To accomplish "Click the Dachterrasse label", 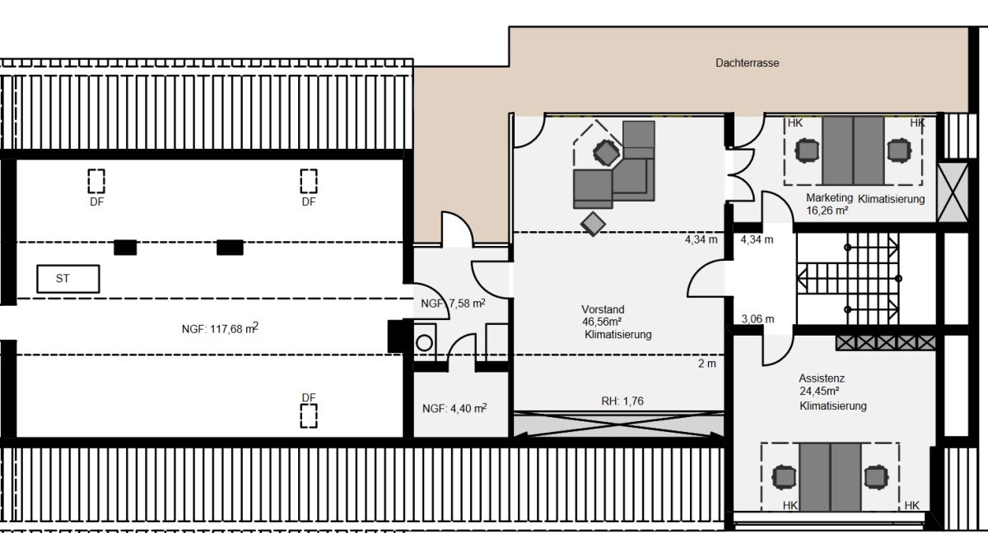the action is click(x=748, y=63).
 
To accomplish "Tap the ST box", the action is click(x=68, y=279).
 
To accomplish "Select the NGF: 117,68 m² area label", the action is click(x=220, y=328).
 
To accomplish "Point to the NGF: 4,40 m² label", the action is click(x=454, y=408).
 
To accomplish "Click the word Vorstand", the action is click(x=603, y=309).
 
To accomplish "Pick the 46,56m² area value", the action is click(x=602, y=322).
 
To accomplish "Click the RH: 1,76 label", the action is click(x=622, y=401).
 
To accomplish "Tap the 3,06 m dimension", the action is click(x=757, y=319).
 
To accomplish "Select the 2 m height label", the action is click(x=707, y=364).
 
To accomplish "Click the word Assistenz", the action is click(x=822, y=378).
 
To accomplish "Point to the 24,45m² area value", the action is click(x=819, y=391).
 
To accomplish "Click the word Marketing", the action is click(x=829, y=197).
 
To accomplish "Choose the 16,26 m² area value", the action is click(x=827, y=211).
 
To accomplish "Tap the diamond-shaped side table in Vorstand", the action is click(x=593, y=224).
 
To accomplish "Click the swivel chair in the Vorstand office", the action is click(x=606, y=152).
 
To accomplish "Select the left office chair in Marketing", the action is click(x=807, y=151).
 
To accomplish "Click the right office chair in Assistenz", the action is click(x=876, y=477).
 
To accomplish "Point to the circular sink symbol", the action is click(x=424, y=343).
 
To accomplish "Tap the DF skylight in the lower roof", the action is click(x=309, y=416).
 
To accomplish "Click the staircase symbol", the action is click(x=848, y=278).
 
